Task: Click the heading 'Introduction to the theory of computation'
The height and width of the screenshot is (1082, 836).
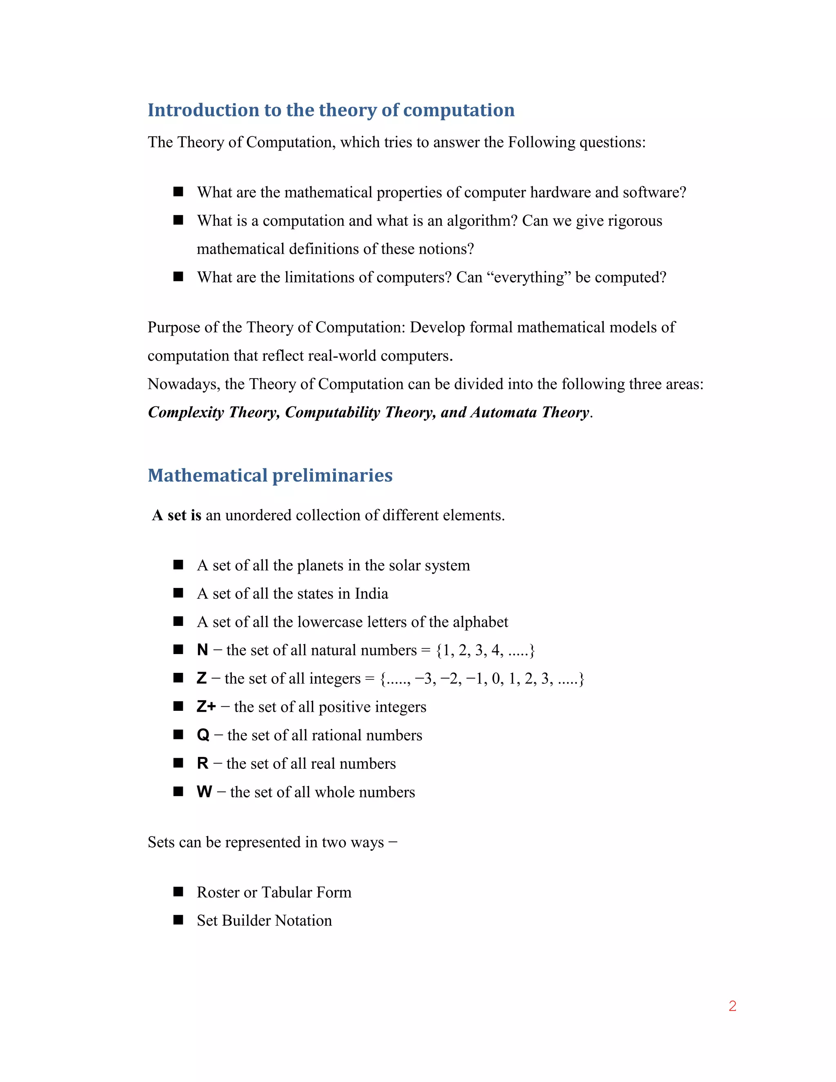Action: pyautogui.click(x=331, y=110)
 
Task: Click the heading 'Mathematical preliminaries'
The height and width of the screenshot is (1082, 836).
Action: pyautogui.click(x=270, y=475)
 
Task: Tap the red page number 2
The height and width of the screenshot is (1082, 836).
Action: pyautogui.click(x=732, y=1006)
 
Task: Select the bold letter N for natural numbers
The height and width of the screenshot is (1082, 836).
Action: pyautogui.click(x=202, y=650)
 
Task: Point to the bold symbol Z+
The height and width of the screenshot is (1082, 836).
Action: pyautogui.click(x=206, y=706)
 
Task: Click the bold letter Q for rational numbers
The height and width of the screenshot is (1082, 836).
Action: pyautogui.click(x=203, y=735)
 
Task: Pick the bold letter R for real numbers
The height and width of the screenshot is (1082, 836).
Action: pyautogui.click(x=202, y=764)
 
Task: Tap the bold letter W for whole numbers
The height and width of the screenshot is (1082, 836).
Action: pyautogui.click(x=204, y=792)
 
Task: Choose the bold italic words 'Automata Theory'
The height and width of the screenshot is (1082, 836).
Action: pyautogui.click(x=530, y=412)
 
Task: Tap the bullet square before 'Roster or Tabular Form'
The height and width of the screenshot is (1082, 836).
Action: pyautogui.click(x=178, y=892)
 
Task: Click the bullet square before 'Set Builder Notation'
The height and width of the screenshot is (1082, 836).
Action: pyautogui.click(x=178, y=920)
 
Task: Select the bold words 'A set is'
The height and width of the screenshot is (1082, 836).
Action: pyautogui.click(x=177, y=515)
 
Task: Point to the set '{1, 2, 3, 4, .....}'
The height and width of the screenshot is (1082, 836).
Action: pyautogui.click(x=485, y=650)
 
